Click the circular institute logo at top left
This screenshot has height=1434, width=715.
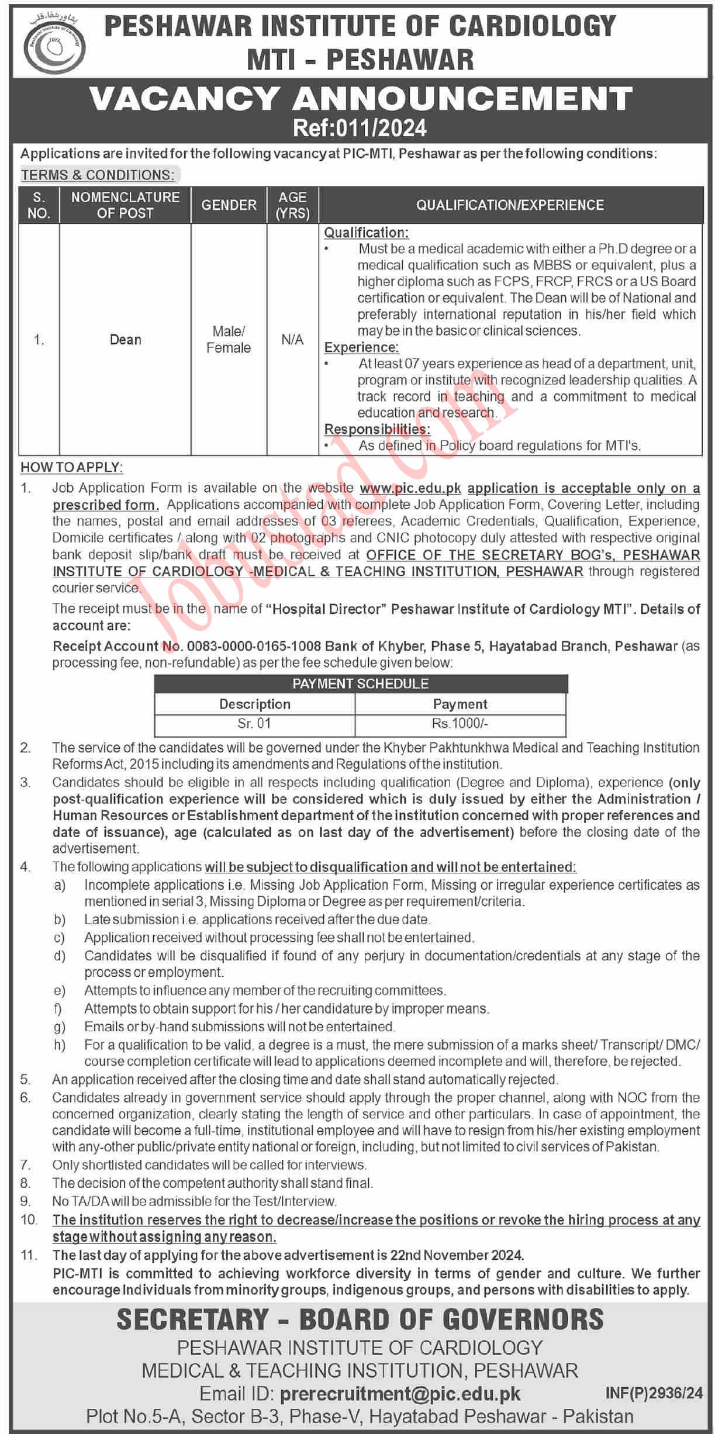click(54, 46)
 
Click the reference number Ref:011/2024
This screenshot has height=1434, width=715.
click(360, 128)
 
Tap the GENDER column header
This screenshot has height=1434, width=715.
click(229, 205)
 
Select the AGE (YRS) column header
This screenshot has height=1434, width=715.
click(292, 205)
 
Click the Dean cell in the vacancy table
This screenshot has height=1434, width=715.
click(126, 340)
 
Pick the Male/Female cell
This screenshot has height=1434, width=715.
click(229, 340)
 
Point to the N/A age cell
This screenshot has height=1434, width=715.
click(292, 340)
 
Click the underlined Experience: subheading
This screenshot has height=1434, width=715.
click(361, 347)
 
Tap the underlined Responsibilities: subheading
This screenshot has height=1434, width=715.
click(377, 429)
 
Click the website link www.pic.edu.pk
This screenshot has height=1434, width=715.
click(410, 488)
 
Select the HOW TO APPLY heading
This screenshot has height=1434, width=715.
click(71, 468)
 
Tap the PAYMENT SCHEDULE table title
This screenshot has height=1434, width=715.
click(360, 683)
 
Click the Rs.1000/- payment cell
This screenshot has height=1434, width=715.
click(460, 724)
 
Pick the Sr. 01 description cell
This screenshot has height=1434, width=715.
click(254, 724)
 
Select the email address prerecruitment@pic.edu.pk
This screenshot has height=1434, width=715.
click(400, 1394)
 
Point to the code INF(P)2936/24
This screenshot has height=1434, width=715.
click(654, 1394)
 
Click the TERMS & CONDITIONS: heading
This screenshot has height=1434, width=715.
click(98, 175)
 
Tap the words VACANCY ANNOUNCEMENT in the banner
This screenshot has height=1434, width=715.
click(361, 98)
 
